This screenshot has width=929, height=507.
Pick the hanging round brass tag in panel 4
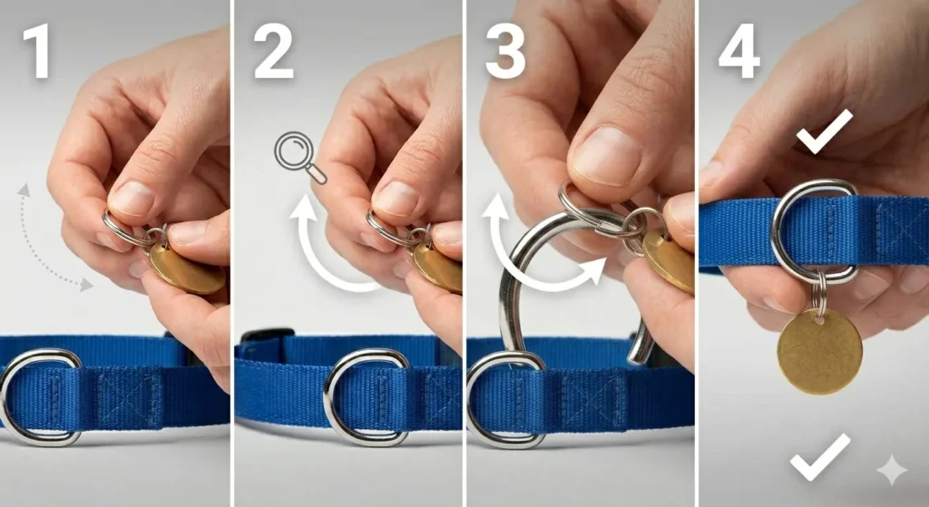coord(819,350)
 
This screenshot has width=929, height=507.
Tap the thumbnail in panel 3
coord(607,155)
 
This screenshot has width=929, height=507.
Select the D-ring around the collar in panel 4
coord(814,231)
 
